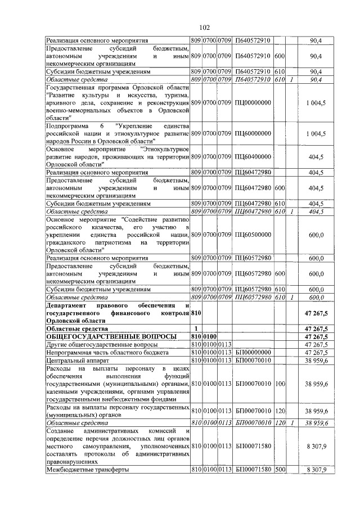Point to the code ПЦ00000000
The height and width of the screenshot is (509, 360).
pyautogui.click(x=253, y=103)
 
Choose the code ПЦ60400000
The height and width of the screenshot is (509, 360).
pyautogui.click(x=253, y=156)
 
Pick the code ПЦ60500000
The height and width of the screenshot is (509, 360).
pyautogui.click(x=253, y=235)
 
